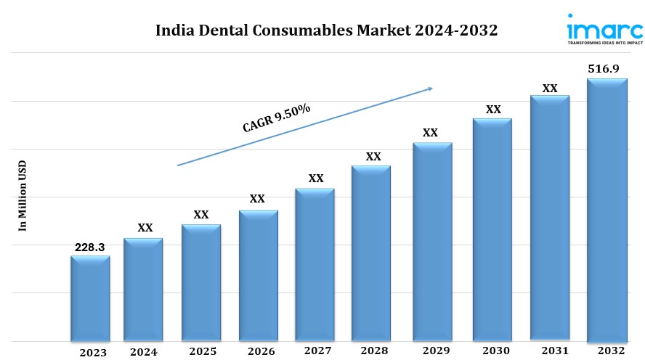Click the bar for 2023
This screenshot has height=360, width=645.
90,298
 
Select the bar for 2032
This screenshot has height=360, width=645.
607,210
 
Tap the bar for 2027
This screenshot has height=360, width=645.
315,264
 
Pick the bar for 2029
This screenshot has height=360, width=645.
432,242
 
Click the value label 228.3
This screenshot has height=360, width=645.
90,247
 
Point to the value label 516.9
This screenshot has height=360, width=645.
607,69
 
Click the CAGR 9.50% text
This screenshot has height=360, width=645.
277,118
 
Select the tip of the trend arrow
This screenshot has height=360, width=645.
432,89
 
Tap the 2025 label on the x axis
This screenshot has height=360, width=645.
203,352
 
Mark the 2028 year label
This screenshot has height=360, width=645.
373,352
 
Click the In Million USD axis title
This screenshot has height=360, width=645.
23,195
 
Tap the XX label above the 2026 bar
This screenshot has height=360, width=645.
257,199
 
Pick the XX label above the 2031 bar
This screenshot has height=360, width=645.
550,89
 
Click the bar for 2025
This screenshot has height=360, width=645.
201,282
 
